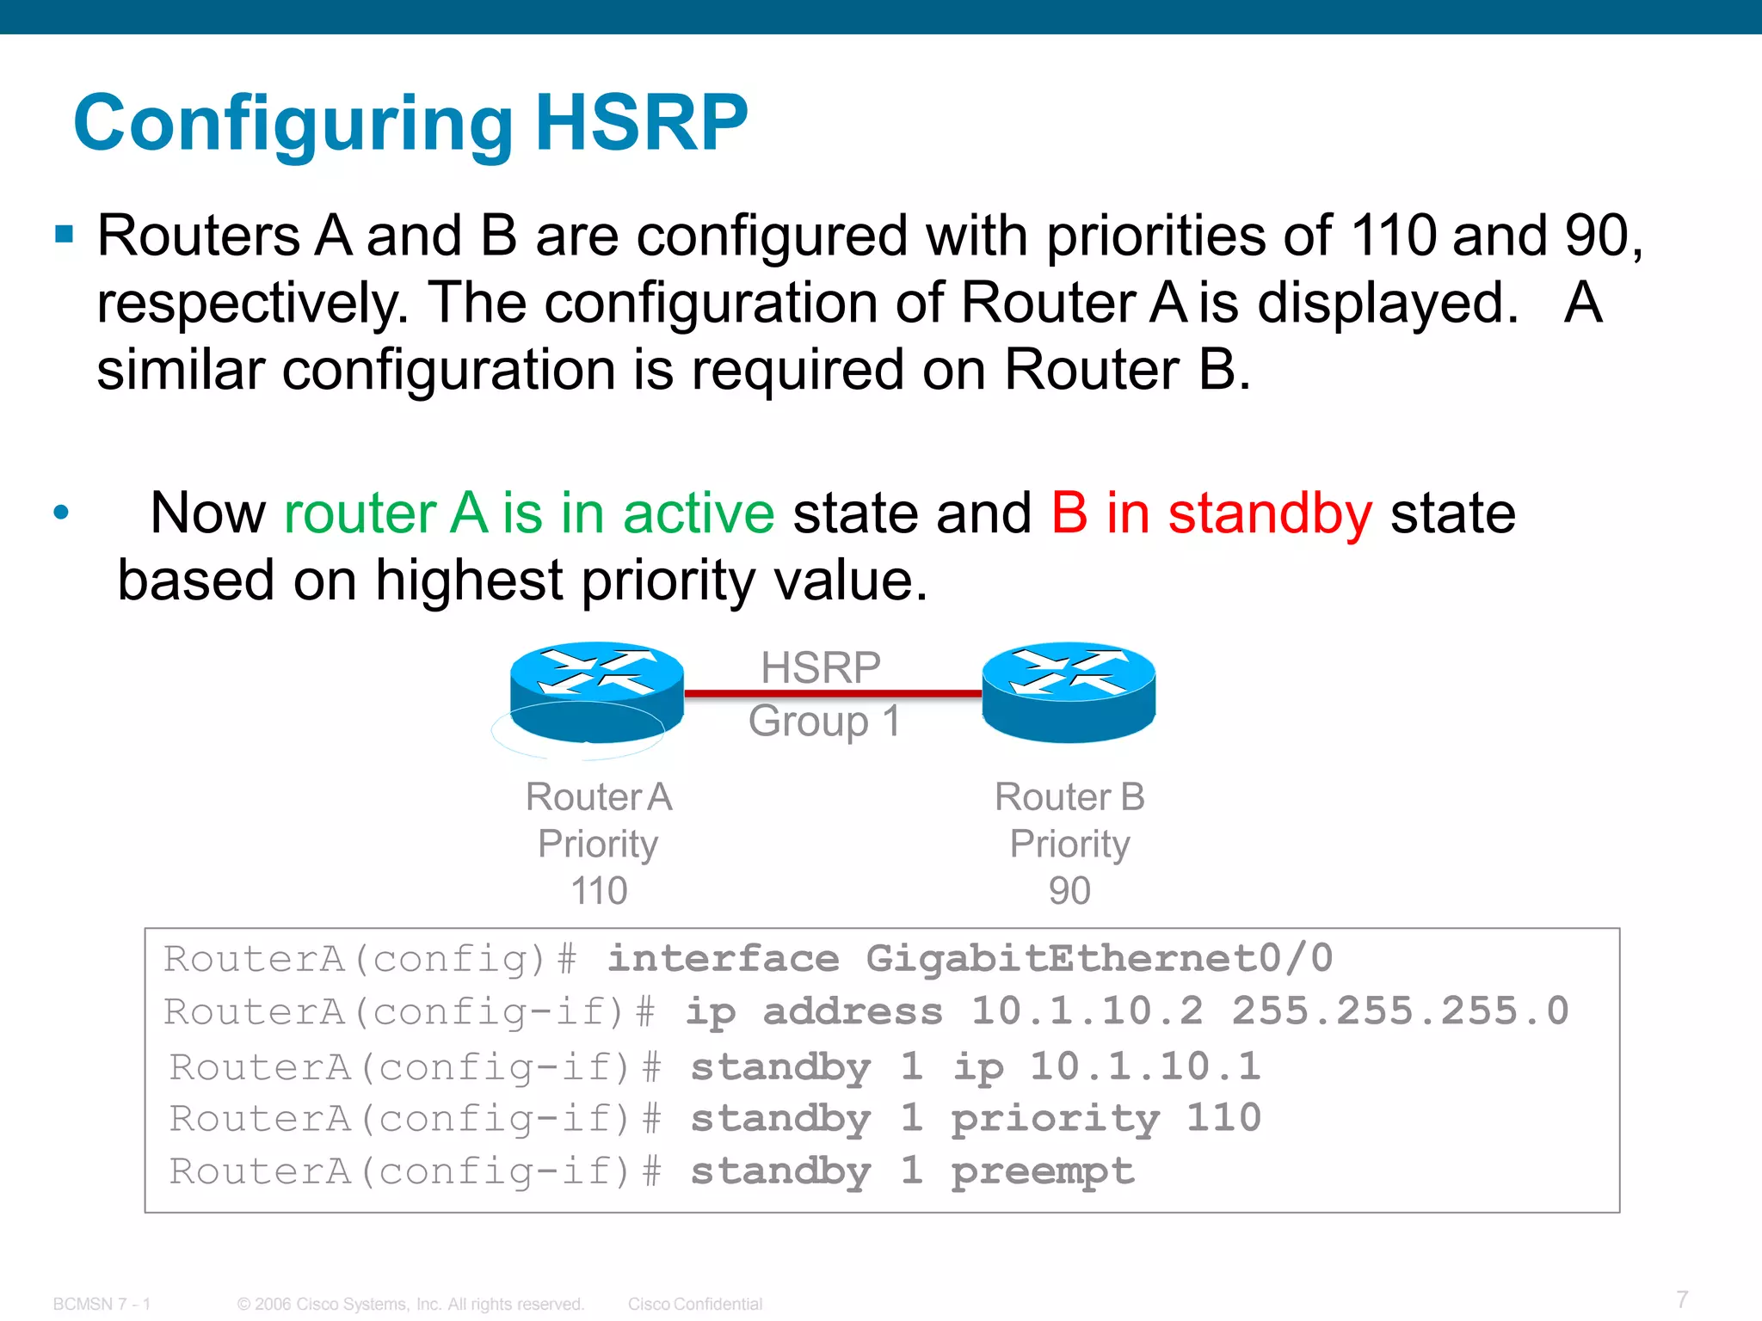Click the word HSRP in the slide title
click(x=641, y=123)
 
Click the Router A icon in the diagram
click(x=596, y=692)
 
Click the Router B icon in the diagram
click(x=1069, y=692)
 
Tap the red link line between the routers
click(x=832, y=693)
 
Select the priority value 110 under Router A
click(x=599, y=891)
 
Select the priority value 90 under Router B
click(x=1069, y=891)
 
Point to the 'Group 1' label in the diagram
click(x=823, y=721)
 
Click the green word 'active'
click(x=699, y=513)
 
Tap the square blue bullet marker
click(x=64, y=234)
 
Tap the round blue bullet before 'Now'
click(x=60, y=513)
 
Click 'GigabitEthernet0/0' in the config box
click(x=1099, y=958)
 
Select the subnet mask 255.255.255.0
click(x=1400, y=1011)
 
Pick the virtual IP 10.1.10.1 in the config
click(x=1145, y=1066)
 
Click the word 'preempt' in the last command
click(x=1043, y=1171)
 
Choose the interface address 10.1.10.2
click(x=1087, y=1011)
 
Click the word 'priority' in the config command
click(x=1055, y=1119)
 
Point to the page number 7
click(x=1682, y=1299)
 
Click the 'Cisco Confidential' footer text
click(x=695, y=1304)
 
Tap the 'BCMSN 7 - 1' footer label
click(x=102, y=1304)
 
